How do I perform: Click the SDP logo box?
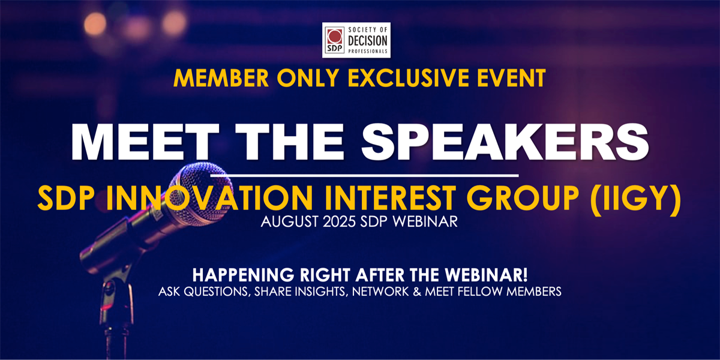click(x=356, y=40)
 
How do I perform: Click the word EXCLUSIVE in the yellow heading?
click(x=408, y=78)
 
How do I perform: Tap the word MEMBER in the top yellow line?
click(x=221, y=78)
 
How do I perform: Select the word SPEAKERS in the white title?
click(x=505, y=142)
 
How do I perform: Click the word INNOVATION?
click(x=209, y=198)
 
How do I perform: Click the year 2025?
click(x=339, y=222)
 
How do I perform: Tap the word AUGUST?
click(x=290, y=222)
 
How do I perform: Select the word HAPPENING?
click(x=243, y=275)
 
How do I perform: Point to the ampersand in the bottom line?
click(x=417, y=292)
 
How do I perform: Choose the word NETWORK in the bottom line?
click(x=380, y=292)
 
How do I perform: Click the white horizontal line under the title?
click(x=365, y=175)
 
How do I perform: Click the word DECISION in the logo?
click(x=368, y=41)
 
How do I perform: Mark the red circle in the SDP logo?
click(x=334, y=37)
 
